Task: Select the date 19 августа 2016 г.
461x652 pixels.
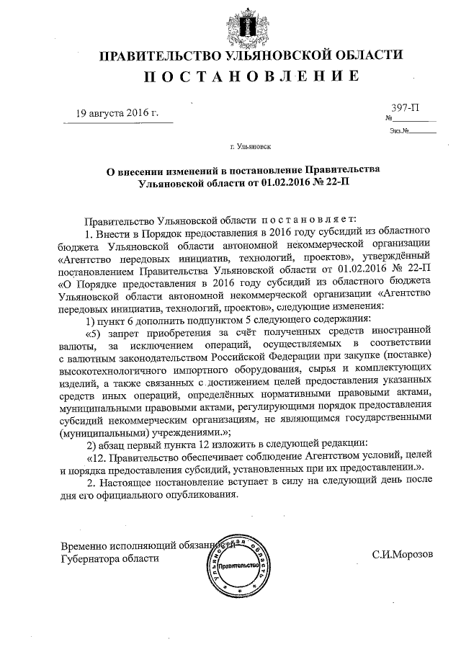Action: click(x=117, y=114)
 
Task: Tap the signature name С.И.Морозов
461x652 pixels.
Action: click(x=403, y=557)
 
